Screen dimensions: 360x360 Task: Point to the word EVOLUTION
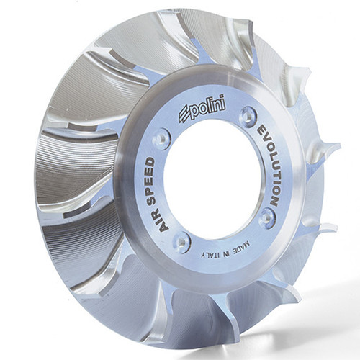269,165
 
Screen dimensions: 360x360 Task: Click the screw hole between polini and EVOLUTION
247,114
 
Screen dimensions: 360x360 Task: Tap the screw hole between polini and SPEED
161,138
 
